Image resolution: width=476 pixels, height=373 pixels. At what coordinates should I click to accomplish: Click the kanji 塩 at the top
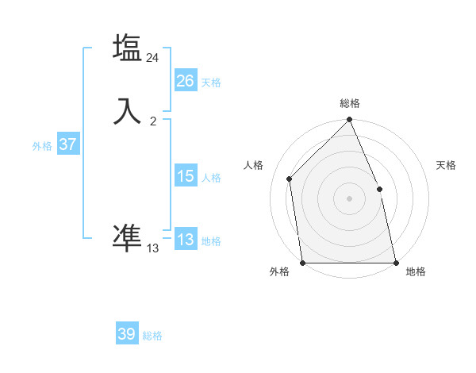tap(127, 48)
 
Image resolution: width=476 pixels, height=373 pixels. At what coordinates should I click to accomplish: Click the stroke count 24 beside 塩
tap(152, 58)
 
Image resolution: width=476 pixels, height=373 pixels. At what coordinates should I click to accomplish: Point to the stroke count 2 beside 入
tap(153, 121)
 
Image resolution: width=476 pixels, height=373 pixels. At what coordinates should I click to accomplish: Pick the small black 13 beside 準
tap(152, 248)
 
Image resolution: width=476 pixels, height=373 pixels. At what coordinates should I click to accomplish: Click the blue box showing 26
tap(185, 81)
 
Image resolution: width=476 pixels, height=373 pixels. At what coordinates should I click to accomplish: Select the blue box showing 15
tap(185, 176)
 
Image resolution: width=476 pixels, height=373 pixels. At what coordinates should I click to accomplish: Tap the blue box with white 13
tap(185, 240)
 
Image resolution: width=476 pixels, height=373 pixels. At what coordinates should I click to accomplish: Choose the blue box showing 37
tap(67, 144)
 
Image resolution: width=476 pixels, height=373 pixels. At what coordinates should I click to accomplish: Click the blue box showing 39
tap(127, 334)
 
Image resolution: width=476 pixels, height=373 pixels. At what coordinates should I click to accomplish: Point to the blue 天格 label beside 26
tap(211, 83)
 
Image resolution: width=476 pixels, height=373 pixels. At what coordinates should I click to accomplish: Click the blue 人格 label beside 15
tap(211, 178)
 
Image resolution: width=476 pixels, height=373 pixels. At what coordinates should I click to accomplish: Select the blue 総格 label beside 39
tap(152, 336)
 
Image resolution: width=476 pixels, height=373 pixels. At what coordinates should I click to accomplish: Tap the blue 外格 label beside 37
tap(42, 146)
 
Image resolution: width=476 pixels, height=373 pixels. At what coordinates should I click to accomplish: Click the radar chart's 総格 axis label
tap(350, 103)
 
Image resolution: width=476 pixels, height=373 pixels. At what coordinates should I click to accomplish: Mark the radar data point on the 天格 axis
tap(379, 189)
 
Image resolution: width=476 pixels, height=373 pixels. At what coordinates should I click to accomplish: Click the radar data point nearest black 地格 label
tap(395, 263)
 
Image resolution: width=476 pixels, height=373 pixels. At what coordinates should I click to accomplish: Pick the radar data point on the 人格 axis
tap(290, 179)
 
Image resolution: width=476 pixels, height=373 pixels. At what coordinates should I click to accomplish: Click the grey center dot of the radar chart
tap(350, 198)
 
